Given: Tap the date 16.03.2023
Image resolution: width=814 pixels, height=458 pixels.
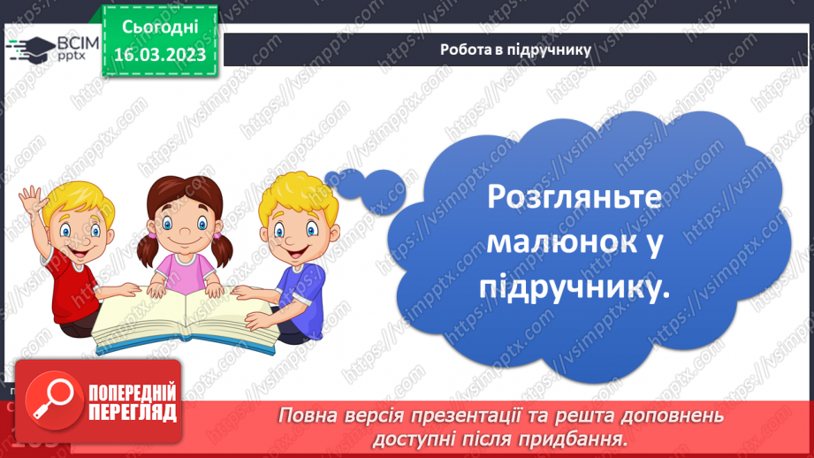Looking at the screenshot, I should click(x=160, y=55).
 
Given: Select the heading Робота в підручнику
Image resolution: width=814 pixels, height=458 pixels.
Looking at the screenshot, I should click(x=515, y=50).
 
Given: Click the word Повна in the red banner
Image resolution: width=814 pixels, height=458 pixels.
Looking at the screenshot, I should click(x=306, y=416).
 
